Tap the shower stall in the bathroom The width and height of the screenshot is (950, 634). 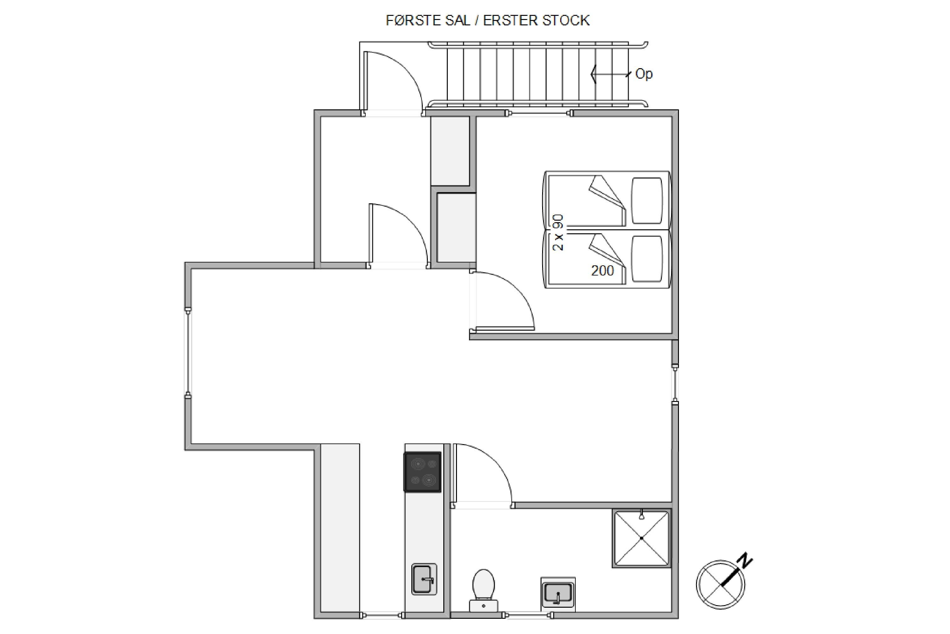pyautogui.click(x=642, y=538)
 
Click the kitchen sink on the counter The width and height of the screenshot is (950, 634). pyautogui.click(x=424, y=579)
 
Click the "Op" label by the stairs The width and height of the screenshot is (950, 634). pyautogui.click(x=644, y=74)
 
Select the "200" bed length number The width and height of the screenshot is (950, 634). pyautogui.click(x=602, y=270)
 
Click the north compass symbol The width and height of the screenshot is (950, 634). pyautogui.click(x=721, y=585)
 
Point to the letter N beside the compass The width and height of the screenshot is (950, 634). pyautogui.click(x=745, y=560)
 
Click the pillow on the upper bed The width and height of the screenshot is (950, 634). pyautogui.click(x=647, y=201)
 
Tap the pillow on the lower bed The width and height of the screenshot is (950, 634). pyautogui.click(x=647, y=259)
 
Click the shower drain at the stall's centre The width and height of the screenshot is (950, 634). pyautogui.click(x=642, y=538)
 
